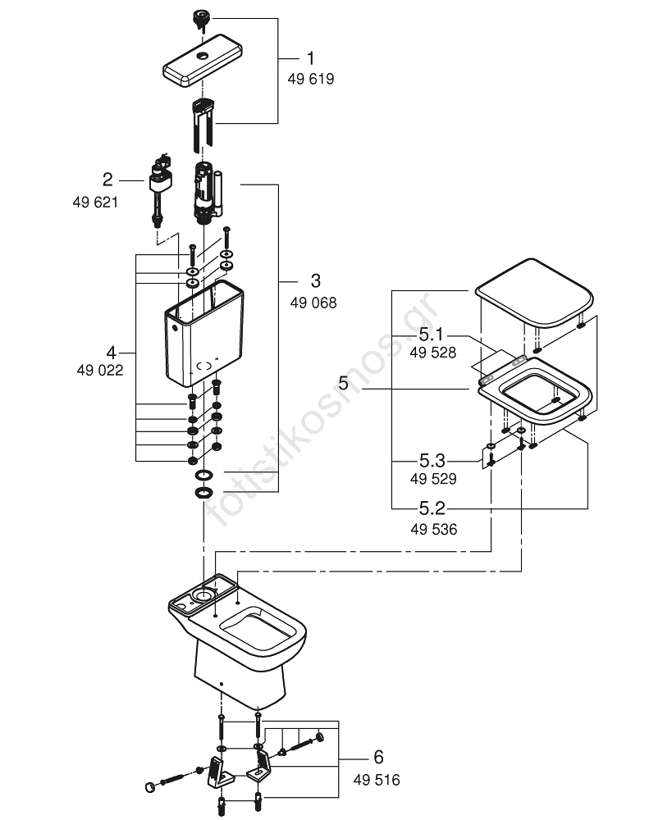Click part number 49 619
[x=311, y=79]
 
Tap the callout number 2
[x=107, y=180]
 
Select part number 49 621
[x=95, y=203]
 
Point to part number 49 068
[x=313, y=303]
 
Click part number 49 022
[x=100, y=371]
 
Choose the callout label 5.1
[x=432, y=334]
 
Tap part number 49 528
[x=433, y=353]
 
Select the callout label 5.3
[x=432, y=461]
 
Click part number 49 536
[x=434, y=529]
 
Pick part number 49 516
[x=377, y=780]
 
